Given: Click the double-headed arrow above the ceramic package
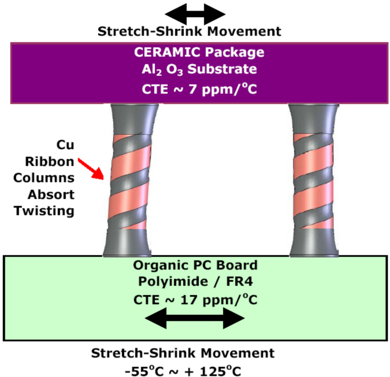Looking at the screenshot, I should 195,15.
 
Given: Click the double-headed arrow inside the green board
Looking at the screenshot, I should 195,319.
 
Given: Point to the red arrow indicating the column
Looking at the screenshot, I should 92,169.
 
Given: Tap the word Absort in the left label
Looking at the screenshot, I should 52,194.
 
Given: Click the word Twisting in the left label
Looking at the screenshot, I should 44,211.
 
